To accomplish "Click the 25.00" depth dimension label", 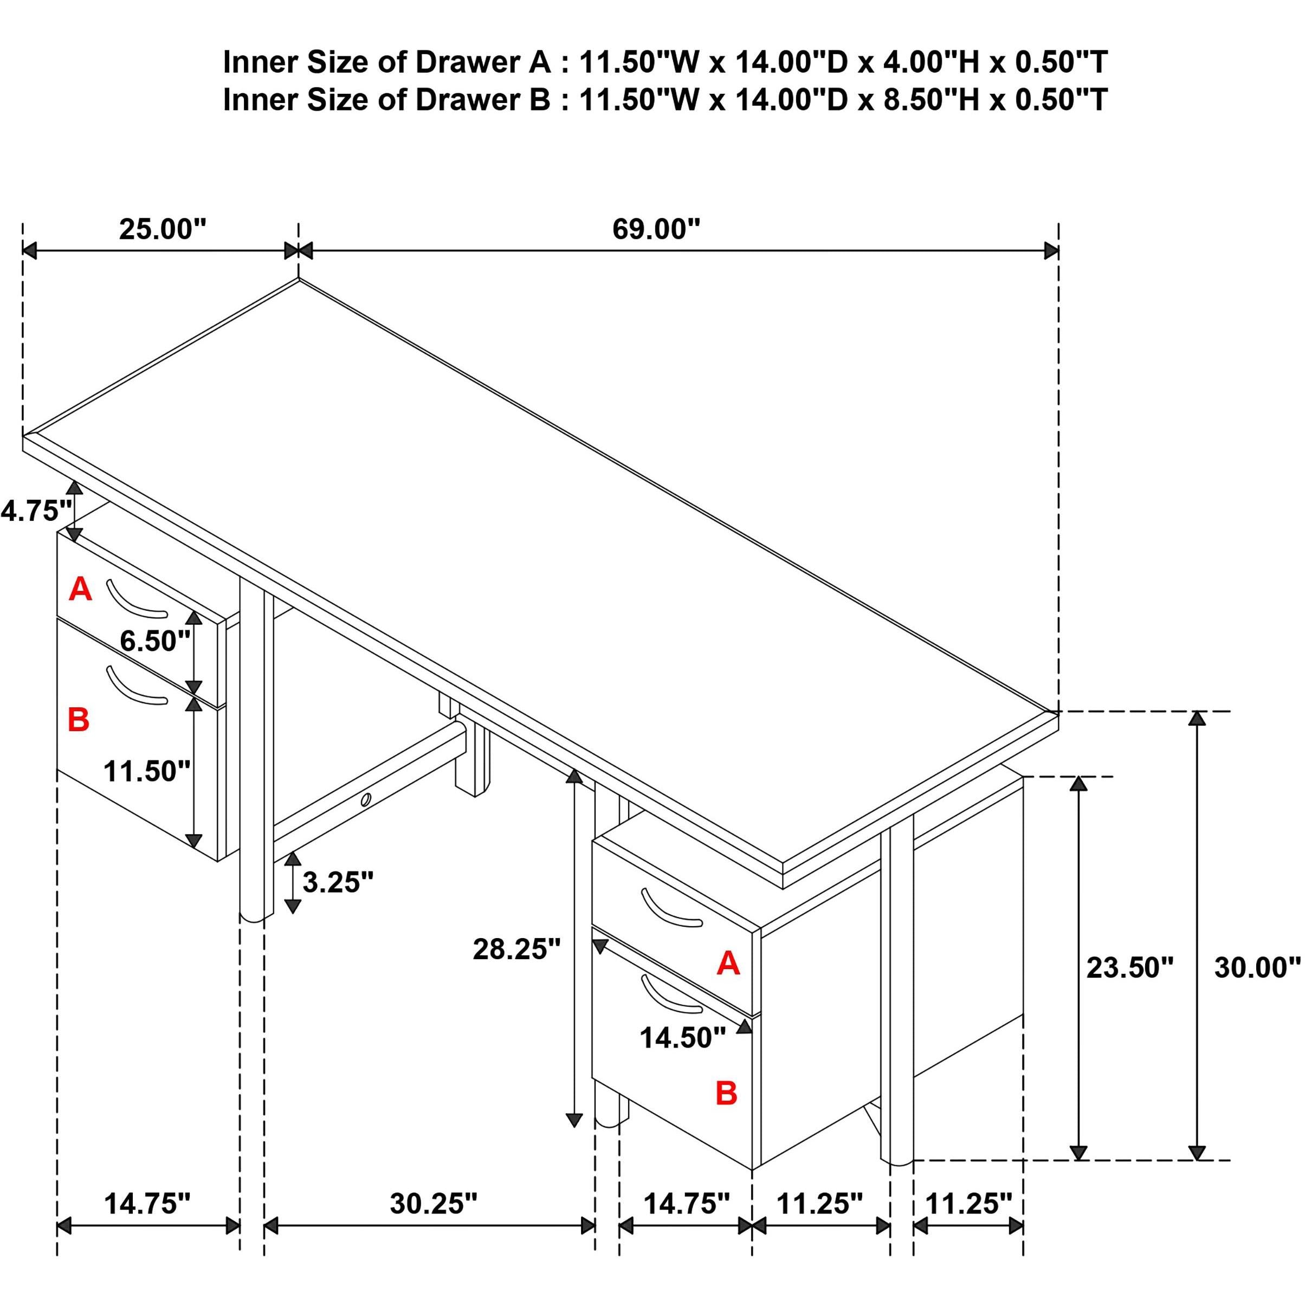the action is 162,230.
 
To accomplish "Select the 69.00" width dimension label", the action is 656,230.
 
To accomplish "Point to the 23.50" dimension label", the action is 1130,968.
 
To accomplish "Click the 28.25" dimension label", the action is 516,949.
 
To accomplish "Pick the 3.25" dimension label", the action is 338,882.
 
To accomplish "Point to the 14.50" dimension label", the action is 683,1038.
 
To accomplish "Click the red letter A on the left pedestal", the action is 80,590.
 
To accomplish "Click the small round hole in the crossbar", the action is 365,800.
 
